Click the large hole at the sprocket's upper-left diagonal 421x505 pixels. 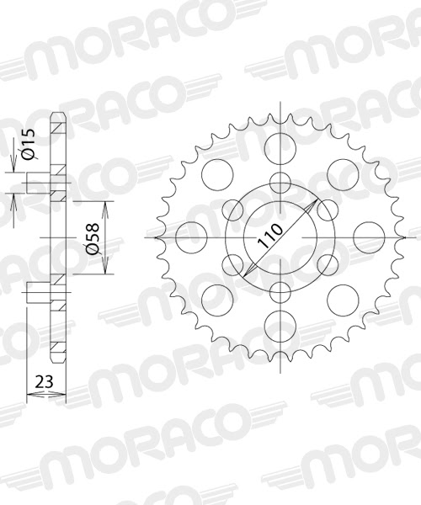coord(217,176)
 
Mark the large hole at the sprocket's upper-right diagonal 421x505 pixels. coord(340,176)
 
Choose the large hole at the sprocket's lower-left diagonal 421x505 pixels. coord(217,298)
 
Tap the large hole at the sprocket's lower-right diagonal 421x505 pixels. coord(340,298)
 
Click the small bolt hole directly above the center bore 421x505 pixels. coord(279,182)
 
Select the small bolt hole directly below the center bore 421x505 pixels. coord(279,292)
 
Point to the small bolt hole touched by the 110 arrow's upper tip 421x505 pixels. coord(326,209)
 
